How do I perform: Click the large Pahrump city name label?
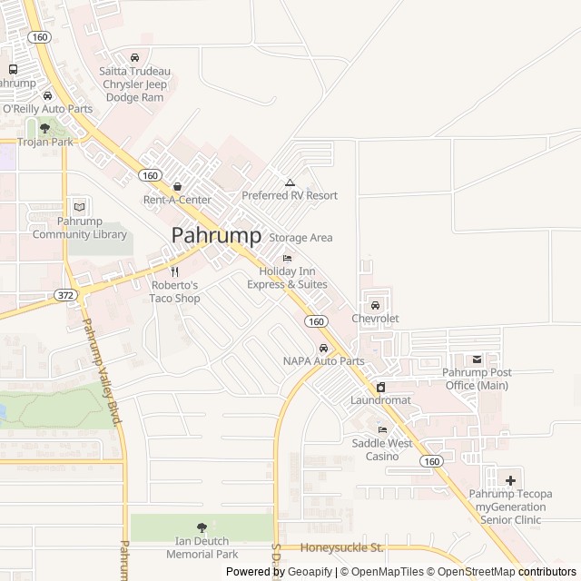pos(216,235)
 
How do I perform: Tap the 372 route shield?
pos(64,294)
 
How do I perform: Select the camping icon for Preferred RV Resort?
pos(290,182)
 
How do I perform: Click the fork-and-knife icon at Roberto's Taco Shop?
pos(174,271)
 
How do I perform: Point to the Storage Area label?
pos(300,238)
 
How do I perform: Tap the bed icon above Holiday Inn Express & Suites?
pos(288,259)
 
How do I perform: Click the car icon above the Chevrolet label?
pos(375,305)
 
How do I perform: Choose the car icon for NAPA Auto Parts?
pos(323,348)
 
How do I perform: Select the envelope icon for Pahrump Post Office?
pos(476,359)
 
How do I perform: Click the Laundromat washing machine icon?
pos(380,387)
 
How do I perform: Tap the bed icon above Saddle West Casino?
pos(382,430)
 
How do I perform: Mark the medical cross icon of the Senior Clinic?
pos(510,480)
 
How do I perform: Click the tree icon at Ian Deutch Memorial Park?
pos(202,527)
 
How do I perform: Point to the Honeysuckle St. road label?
pos(342,547)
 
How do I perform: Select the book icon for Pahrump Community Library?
pos(79,207)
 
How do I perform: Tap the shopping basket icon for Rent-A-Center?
pos(177,186)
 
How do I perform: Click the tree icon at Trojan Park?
pos(44,128)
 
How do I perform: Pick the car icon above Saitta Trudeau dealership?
pos(134,58)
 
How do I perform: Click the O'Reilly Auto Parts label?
pos(47,109)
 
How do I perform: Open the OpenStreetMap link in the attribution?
pos(476,572)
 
